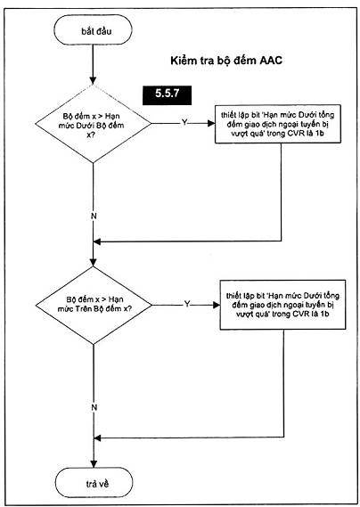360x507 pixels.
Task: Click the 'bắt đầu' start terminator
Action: coord(93,29)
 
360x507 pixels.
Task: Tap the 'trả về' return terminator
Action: coord(94,484)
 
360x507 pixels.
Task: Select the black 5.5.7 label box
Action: coord(167,95)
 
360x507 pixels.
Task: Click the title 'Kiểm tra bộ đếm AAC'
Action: coord(226,61)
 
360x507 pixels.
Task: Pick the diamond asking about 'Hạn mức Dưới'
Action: coord(94,124)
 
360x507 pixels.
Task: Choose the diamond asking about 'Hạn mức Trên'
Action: coord(94,306)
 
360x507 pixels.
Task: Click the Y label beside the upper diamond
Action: coord(184,122)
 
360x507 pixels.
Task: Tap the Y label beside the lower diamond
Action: coord(187,304)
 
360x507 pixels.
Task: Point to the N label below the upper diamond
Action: coord(94,216)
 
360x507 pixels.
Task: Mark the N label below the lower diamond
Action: coord(94,407)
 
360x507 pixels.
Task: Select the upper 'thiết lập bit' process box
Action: coord(278,124)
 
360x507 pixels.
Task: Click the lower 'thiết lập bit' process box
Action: coord(282,305)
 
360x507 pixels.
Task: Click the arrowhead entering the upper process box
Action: coord(211,123)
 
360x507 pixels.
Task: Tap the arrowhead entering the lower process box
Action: coord(217,305)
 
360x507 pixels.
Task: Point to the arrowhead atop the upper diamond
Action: coord(94,81)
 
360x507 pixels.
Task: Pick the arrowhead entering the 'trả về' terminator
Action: coord(94,463)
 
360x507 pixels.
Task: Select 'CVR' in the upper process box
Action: coord(298,134)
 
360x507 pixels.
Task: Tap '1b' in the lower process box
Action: coord(324,314)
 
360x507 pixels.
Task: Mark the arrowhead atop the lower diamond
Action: coord(94,262)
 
